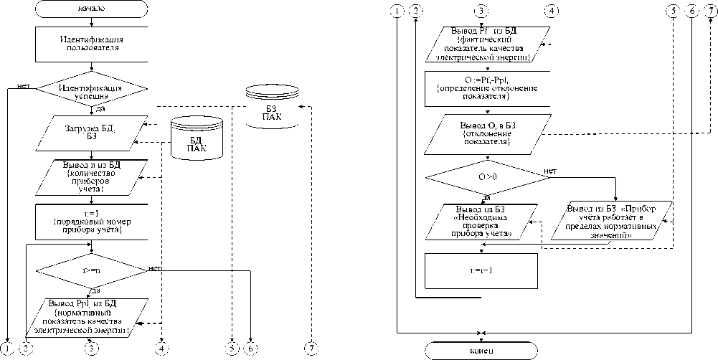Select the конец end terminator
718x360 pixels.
(481, 350)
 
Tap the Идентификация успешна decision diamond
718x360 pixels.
(91, 91)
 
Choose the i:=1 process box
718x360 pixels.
(91, 222)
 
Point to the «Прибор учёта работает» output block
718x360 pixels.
(614, 222)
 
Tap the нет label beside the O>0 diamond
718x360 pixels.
(550, 171)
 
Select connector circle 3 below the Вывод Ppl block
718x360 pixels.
(91, 349)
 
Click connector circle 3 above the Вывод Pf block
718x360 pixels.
(481, 11)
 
